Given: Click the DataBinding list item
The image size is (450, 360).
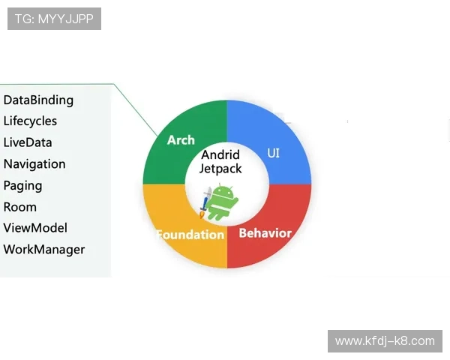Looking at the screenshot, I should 38,100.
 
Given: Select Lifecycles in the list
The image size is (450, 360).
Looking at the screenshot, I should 30,121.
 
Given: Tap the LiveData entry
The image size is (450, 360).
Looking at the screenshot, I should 28,142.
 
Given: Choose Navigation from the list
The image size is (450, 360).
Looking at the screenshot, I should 34,164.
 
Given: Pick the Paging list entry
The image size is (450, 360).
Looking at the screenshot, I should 22,185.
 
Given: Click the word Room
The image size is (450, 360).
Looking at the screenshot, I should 20,207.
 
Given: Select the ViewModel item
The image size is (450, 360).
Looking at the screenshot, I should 35,228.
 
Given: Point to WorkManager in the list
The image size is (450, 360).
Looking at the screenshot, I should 44,250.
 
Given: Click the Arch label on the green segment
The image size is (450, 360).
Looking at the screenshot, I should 181,140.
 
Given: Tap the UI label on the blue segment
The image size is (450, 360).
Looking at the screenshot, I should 274,153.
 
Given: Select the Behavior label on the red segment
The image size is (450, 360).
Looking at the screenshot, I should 265,233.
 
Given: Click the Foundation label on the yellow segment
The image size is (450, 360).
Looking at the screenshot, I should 190,235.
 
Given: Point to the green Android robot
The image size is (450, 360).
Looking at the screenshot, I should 223,202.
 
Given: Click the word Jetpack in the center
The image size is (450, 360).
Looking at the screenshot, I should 220,169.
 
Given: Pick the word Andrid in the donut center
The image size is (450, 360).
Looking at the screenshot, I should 220,155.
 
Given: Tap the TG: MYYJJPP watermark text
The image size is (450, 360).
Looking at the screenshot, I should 54,19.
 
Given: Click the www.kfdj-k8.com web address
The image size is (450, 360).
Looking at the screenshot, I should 384,341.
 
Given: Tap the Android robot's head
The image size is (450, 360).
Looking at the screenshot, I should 223,192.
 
